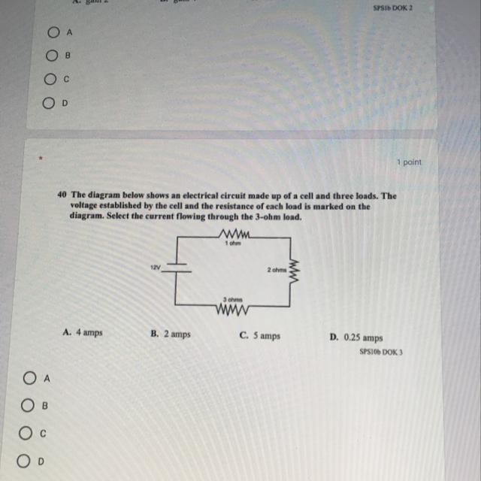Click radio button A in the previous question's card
(x=53, y=33)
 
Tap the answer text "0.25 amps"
(x=363, y=338)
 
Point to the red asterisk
(x=42, y=159)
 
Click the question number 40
(x=62, y=194)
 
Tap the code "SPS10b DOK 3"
(x=381, y=351)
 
